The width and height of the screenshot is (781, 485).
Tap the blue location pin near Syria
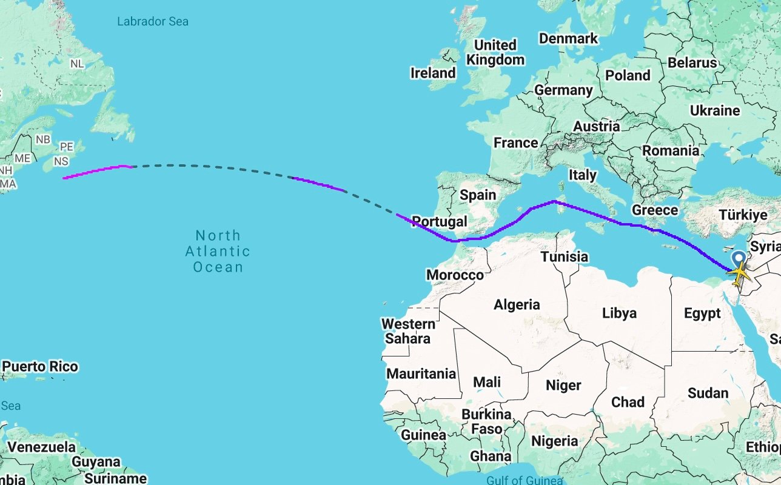(x=739, y=260)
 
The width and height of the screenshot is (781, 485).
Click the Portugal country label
(x=439, y=221)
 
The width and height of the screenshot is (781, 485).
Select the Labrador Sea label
(x=152, y=22)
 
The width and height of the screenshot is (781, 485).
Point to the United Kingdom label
(x=495, y=52)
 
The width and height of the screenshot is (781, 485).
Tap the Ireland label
(x=433, y=73)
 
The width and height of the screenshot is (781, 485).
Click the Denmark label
(x=568, y=38)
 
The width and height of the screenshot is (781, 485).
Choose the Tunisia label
(x=565, y=257)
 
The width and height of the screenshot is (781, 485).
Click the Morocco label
(x=455, y=275)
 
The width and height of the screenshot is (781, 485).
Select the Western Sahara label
(x=408, y=331)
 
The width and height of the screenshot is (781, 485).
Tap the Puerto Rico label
(x=40, y=367)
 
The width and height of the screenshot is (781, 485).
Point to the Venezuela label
(x=42, y=447)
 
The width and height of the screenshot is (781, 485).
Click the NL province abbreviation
(x=77, y=64)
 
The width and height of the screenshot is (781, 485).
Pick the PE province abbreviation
(x=66, y=147)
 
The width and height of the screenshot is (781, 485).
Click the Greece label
(x=654, y=210)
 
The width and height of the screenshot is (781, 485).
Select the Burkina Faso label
(x=486, y=422)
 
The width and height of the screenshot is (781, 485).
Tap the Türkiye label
(x=743, y=215)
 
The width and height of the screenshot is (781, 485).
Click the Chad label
(x=628, y=402)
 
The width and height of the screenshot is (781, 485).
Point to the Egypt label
(x=702, y=313)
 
